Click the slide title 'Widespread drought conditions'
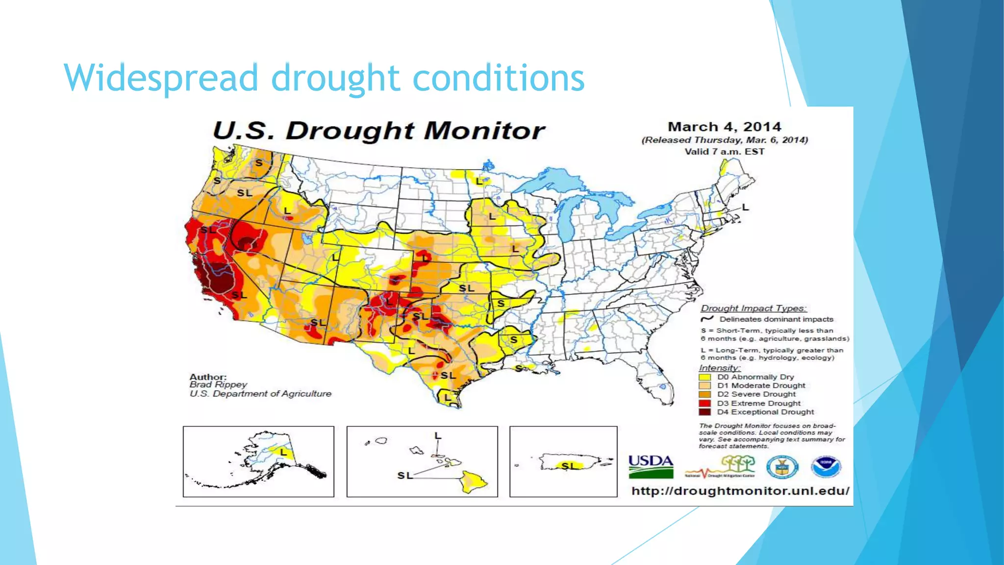(324, 77)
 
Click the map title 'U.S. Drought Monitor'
(378, 130)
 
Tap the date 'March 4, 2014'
(724, 127)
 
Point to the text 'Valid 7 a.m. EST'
(724, 152)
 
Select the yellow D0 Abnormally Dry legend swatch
(704, 377)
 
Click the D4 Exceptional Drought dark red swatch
(704, 412)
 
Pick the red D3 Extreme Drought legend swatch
(704, 403)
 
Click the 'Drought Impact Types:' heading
(753, 308)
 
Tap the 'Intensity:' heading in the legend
(719, 368)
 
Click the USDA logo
(651, 466)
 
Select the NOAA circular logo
(826, 467)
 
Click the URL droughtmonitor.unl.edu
(740, 491)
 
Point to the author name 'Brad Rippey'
(218, 385)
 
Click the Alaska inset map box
(258, 462)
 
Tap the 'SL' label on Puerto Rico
(568, 465)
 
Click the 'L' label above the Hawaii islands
(438, 436)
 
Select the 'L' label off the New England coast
(745, 207)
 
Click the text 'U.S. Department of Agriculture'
(260, 394)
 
